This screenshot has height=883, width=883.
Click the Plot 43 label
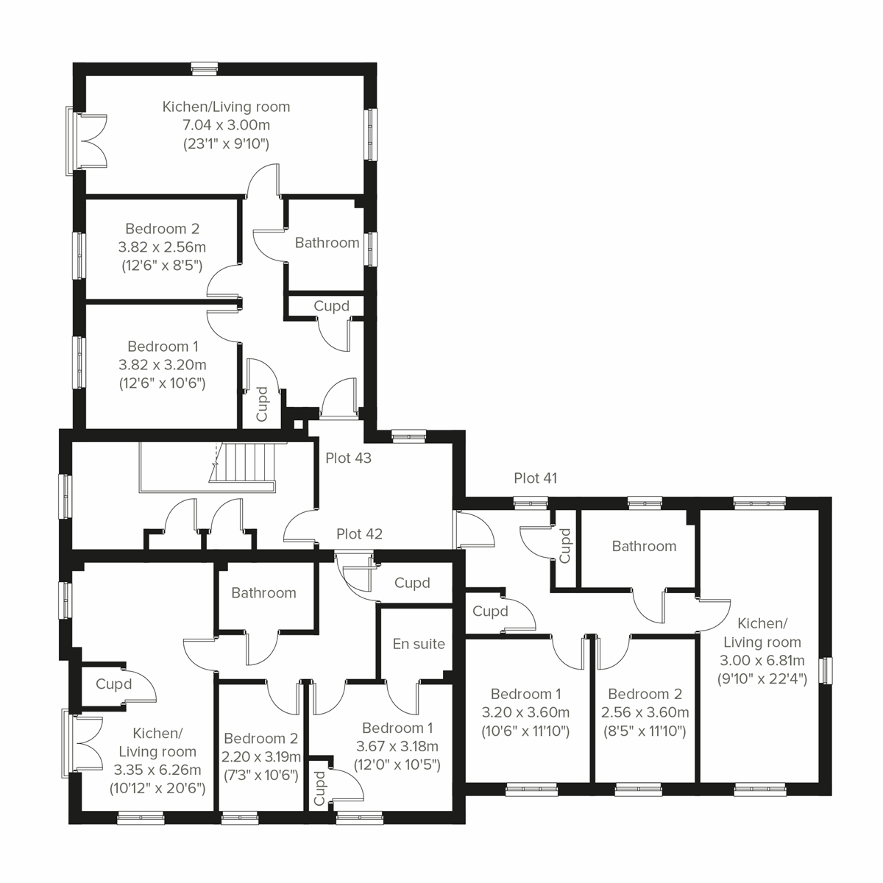click(x=348, y=458)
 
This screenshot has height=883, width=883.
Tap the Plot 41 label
click(x=535, y=478)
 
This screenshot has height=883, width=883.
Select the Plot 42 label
click(x=359, y=533)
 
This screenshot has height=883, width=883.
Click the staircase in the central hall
click(x=247, y=464)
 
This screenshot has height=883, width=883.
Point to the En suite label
click(x=419, y=644)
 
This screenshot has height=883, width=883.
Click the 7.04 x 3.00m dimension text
click(x=226, y=125)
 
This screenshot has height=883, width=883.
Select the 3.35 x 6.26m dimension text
click(x=157, y=770)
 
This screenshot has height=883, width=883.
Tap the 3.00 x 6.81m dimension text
click(x=762, y=660)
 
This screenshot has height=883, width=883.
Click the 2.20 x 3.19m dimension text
click(x=261, y=756)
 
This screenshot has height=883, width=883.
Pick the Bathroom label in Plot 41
click(x=644, y=546)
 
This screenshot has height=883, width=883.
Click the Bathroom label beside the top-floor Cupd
click(x=327, y=243)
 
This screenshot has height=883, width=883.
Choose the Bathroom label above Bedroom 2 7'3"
click(x=263, y=593)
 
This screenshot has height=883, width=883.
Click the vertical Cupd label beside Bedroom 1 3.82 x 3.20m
click(x=261, y=403)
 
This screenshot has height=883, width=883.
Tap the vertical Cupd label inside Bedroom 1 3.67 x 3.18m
click(x=320, y=787)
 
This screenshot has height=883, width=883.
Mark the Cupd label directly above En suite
click(x=412, y=583)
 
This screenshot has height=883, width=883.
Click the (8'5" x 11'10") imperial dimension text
click(x=645, y=731)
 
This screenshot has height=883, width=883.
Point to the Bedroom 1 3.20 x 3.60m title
click(x=525, y=694)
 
